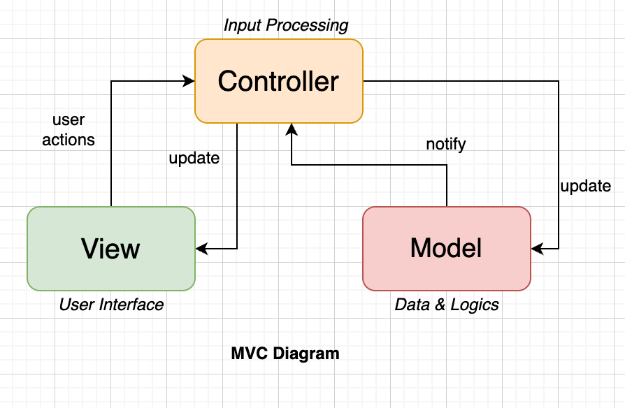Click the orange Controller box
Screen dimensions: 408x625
(x=278, y=81)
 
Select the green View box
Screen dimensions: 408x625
(x=110, y=248)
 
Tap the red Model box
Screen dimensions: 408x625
(x=446, y=248)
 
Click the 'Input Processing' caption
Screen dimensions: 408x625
(x=285, y=26)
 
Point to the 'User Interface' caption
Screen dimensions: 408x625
(x=110, y=305)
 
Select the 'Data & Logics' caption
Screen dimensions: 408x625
(x=446, y=305)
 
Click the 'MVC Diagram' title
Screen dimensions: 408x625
(x=285, y=354)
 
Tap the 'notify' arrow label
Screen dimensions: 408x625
(x=445, y=145)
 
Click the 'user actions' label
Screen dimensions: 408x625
(x=69, y=130)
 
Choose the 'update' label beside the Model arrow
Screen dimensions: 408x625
(x=585, y=186)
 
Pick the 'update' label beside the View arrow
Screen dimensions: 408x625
(x=194, y=158)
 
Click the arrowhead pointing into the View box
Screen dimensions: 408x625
(x=200, y=248)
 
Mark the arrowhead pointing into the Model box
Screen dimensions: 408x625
(x=536, y=248)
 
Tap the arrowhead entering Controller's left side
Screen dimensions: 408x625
(x=189, y=81)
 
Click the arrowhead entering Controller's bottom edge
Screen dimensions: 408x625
(x=292, y=128)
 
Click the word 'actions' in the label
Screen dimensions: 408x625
(x=69, y=140)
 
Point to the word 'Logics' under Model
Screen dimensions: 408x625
(x=475, y=305)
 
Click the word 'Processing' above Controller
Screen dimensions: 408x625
(x=308, y=26)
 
